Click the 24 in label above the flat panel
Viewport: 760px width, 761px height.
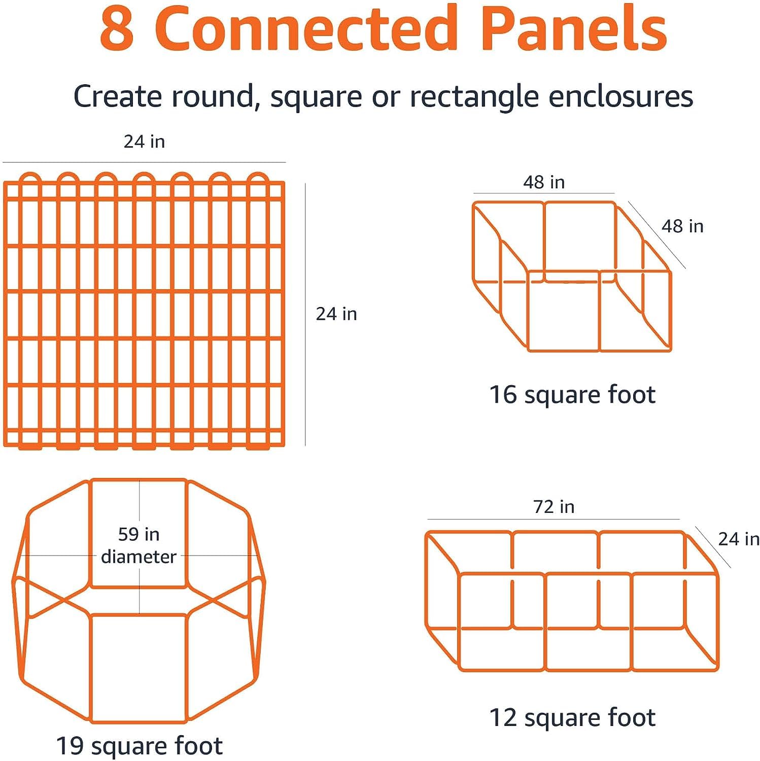(145, 142)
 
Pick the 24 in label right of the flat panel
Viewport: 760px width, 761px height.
(336, 314)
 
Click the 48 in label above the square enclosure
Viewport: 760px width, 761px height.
(544, 182)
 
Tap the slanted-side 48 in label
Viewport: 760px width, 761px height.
(683, 226)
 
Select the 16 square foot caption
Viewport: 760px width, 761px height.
(572, 395)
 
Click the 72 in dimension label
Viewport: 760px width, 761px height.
(554, 507)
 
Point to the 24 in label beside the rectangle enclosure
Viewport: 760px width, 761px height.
(739, 539)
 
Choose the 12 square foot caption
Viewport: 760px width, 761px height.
(572, 718)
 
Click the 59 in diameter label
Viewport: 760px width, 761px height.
(139, 545)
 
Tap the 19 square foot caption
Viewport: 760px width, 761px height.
(139, 746)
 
